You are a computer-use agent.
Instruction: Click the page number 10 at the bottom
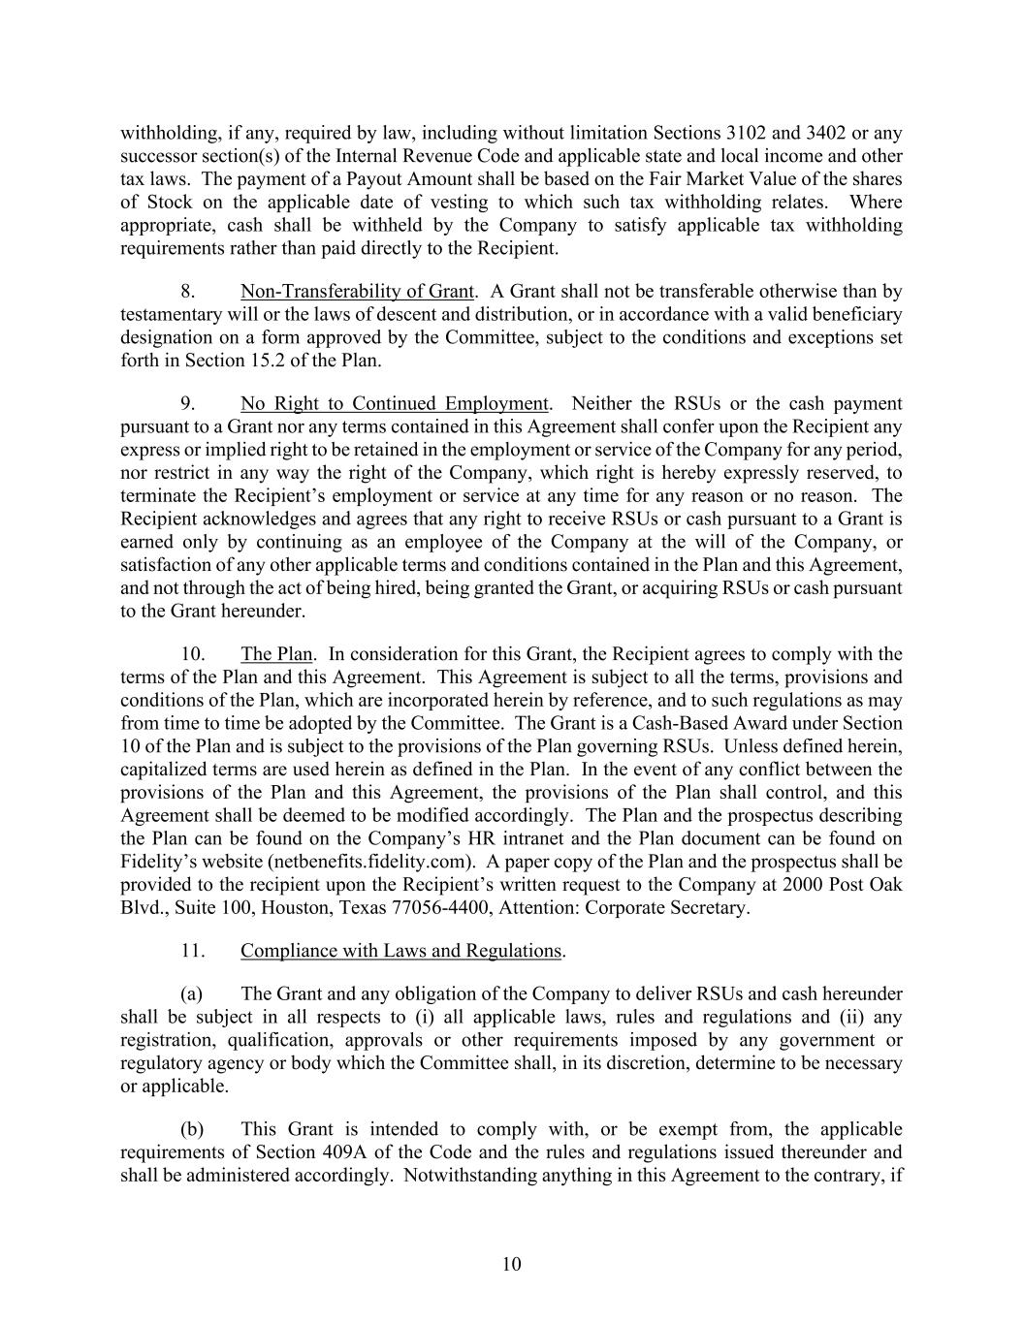coord(512,1264)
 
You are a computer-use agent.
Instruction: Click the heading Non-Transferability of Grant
coord(357,292)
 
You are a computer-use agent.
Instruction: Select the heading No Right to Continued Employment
coord(394,404)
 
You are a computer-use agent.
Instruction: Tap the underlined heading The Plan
coord(276,654)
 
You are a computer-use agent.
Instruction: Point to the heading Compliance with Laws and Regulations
coord(400,951)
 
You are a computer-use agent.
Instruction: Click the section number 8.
coord(190,292)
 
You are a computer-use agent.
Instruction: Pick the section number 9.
coord(190,404)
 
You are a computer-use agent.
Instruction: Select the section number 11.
coord(193,951)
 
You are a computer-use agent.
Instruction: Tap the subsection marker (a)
coord(192,994)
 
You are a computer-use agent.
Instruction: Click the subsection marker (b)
coord(192,1130)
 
